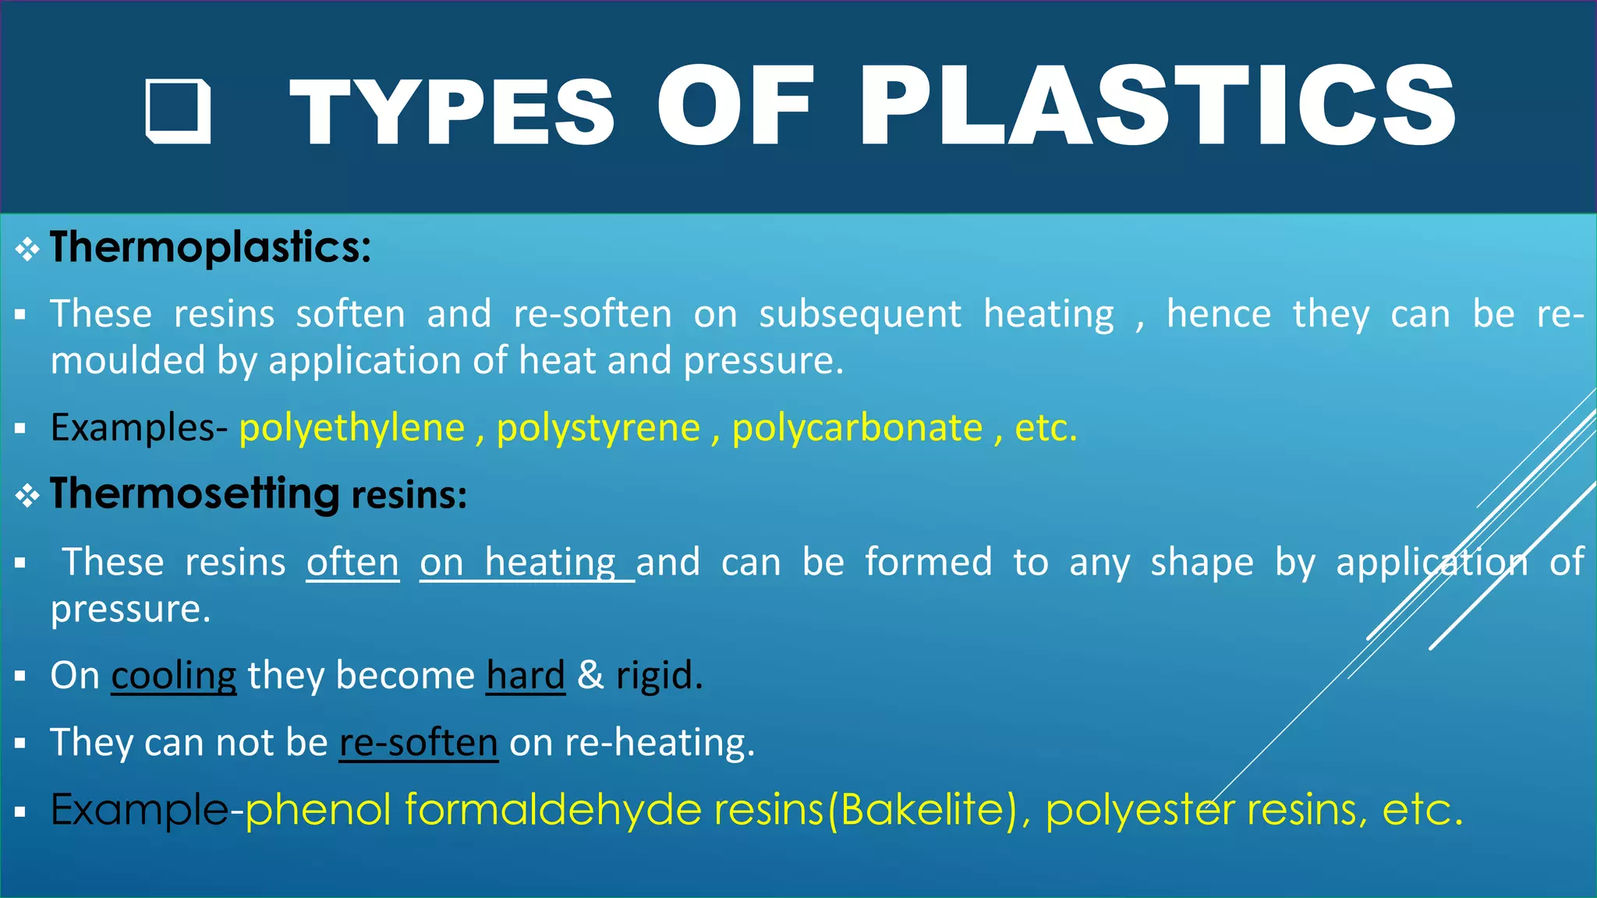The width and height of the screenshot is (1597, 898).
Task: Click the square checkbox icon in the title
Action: coord(179,111)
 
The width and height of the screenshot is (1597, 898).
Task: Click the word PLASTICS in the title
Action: coord(1157,107)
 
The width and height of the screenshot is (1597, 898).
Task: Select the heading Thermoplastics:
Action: coord(211,248)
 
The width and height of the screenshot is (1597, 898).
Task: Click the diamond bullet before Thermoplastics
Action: coord(27,249)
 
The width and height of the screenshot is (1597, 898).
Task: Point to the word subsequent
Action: coord(859,314)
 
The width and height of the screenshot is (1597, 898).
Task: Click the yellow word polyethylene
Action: coord(352,428)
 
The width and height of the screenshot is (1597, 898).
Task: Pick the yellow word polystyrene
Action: coord(598,428)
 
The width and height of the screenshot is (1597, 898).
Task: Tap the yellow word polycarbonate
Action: coord(857,428)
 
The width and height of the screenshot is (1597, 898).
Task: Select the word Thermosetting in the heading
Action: coord(194,494)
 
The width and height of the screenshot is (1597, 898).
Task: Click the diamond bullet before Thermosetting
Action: coord(27,496)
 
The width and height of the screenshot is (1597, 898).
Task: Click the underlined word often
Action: coord(352,562)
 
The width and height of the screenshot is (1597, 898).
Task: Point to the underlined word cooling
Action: coord(174,675)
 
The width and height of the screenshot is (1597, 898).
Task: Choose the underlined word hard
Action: coord(526,675)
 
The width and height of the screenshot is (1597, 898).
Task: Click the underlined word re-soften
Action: coord(419,742)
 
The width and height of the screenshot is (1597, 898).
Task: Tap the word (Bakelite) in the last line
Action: coord(923,810)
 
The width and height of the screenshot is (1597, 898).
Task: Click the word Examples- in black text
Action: coord(138,428)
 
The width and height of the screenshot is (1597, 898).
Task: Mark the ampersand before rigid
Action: coord(590,675)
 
